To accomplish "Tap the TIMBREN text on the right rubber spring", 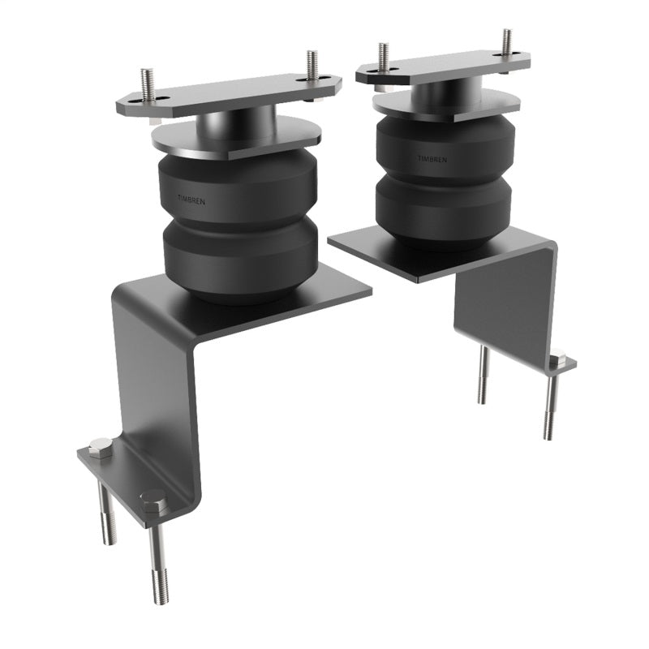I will tap(432, 159).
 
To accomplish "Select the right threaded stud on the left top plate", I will tap(312, 65).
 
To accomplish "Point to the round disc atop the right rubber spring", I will tap(446, 104).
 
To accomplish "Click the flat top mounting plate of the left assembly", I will tap(227, 96).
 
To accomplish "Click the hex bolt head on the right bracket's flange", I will tap(557, 357).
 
